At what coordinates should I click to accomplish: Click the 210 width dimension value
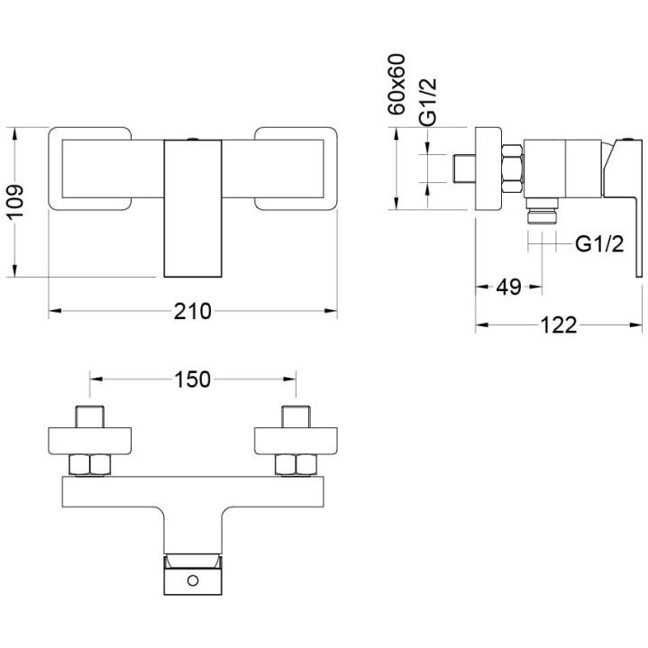[x=192, y=312]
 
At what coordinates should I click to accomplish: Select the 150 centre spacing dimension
[x=192, y=379]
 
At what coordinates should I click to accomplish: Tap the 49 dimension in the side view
[x=509, y=287]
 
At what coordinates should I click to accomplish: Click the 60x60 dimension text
[x=397, y=84]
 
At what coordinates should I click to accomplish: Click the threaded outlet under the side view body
[x=541, y=213]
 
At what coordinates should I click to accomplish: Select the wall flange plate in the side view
[x=488, y=169]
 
